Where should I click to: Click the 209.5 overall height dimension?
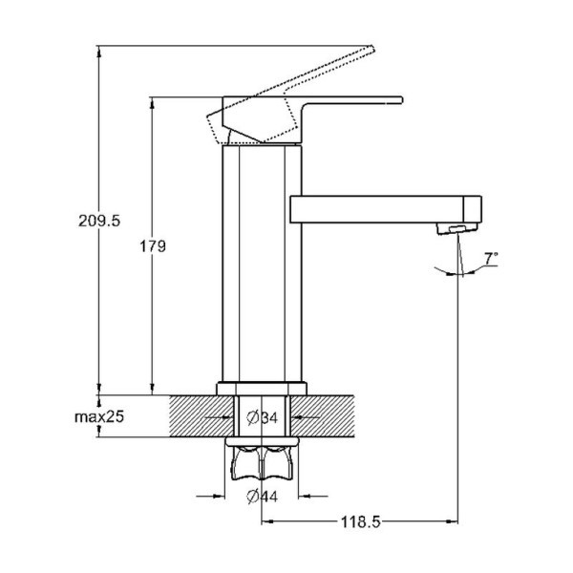99,221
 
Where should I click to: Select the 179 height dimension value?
153,246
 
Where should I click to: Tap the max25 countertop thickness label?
99,416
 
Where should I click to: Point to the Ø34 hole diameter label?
262,417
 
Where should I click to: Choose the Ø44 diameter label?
262,496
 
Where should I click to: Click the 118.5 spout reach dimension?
360,521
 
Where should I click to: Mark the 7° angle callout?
491,259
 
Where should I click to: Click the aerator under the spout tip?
457,229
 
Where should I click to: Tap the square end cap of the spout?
473,209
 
